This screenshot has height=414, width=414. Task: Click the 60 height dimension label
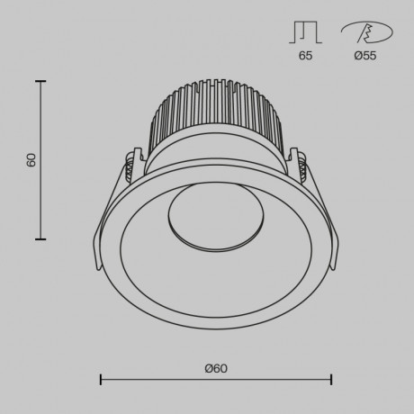tap(31, 160)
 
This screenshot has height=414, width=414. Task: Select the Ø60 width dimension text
tap(215, 367)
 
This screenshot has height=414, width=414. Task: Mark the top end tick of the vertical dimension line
tap(40, 81)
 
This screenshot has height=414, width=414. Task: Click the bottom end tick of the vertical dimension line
tap(40, 239)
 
